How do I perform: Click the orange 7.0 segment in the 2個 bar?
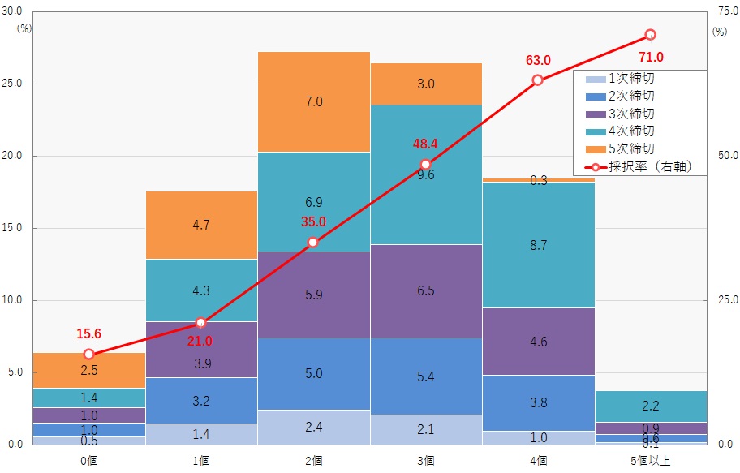pyautogui.click(x=314, y=102)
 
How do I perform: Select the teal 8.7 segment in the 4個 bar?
pyautogui.click(x=538, y=245)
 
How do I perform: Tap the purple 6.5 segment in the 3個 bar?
pyautogui.click(x=426, y=290)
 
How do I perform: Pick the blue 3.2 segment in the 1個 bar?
pyautogui.click(x=201, y=401)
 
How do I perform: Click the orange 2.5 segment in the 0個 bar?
pyautogui.click(x=89, y=371)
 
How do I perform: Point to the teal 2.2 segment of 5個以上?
pyautogui.click(x=650, y=406)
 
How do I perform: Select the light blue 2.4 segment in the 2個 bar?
pyautogui.click(x=314, y=428)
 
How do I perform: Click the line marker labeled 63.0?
pyautogui.click(x=538, y=80)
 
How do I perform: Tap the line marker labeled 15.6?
pyautogui.click(x=89, y=355)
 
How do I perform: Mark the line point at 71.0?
pyautogui.click(x=650, y=35)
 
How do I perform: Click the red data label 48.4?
pyautogui.click(x=425, y=144)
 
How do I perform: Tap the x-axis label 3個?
pyautogui.click(x=426, y=460)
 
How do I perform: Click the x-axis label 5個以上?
pyautogui.click(x=650, y=460)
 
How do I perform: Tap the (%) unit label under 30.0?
pyautogui.click(x=24, y=28)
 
